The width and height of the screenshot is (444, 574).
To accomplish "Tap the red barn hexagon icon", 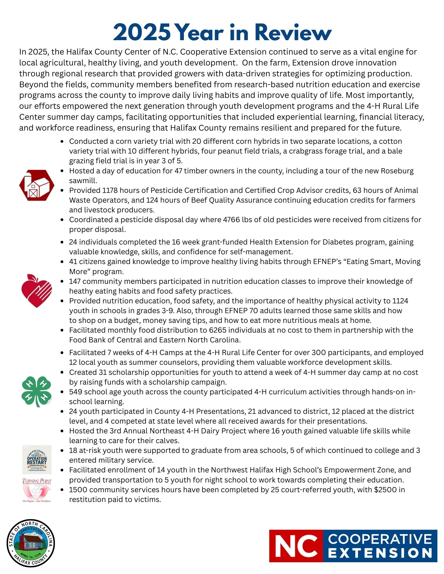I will (36, 185).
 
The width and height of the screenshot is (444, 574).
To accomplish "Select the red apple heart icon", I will (36, 290).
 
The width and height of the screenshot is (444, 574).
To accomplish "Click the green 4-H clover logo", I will (37, 391).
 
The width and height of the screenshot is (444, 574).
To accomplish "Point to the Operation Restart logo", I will (37, 459).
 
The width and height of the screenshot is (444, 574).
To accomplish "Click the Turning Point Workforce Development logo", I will (37, 490).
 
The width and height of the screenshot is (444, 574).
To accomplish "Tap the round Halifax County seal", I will (31, 543).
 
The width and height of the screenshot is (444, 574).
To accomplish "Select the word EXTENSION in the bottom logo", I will (380, 553).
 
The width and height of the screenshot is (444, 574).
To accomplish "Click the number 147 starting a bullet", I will (75, 281).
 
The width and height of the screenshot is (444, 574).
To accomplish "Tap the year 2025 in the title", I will (142, 33).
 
